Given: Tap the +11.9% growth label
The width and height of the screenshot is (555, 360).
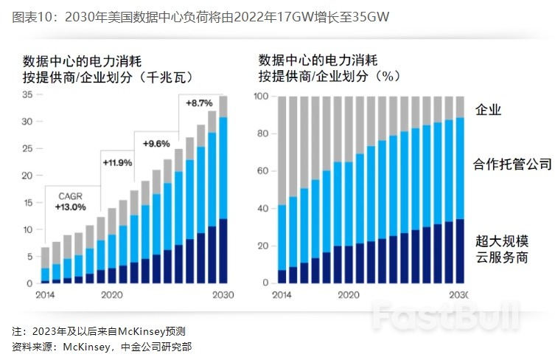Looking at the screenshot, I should point(116,161).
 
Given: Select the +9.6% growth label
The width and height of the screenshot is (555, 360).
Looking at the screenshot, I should point(156,143).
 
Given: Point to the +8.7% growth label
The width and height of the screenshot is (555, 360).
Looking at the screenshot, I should point(198,103).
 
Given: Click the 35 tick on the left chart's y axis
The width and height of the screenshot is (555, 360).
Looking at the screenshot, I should point(27,94).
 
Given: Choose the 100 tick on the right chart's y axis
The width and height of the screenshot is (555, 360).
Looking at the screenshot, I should point(261,97).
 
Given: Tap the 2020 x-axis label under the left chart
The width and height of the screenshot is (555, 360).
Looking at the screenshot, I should point(111,294).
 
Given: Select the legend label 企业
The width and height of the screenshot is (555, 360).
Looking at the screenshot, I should point(489,110).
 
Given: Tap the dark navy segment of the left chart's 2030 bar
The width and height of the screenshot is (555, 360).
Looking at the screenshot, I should point(223,251).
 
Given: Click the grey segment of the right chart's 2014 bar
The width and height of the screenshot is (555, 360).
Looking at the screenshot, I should point(282,150).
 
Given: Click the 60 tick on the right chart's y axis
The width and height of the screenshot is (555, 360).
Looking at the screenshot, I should point(263,171).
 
